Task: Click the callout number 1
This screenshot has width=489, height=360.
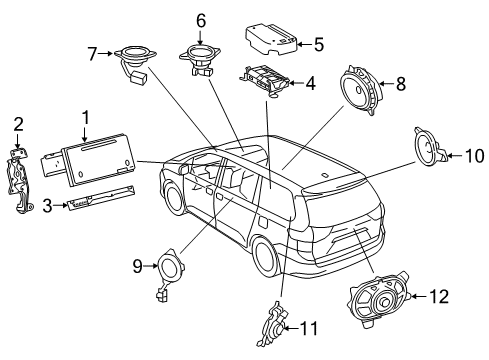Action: coord(86,118)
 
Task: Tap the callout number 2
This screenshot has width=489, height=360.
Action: coord(17,123)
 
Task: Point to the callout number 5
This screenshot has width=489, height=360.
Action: coord(319,44)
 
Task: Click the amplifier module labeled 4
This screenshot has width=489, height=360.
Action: coord(266,80)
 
